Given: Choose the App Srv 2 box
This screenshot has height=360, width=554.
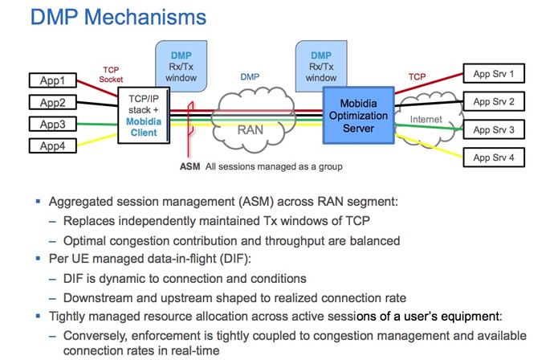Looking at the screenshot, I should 498,102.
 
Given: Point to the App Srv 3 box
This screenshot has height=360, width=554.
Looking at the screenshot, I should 498,129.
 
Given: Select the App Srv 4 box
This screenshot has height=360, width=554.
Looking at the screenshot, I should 498,157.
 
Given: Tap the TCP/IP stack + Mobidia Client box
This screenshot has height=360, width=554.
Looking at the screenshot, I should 145,116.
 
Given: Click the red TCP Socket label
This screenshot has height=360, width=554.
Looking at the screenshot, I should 112,75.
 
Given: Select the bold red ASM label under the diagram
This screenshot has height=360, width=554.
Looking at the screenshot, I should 190,168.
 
